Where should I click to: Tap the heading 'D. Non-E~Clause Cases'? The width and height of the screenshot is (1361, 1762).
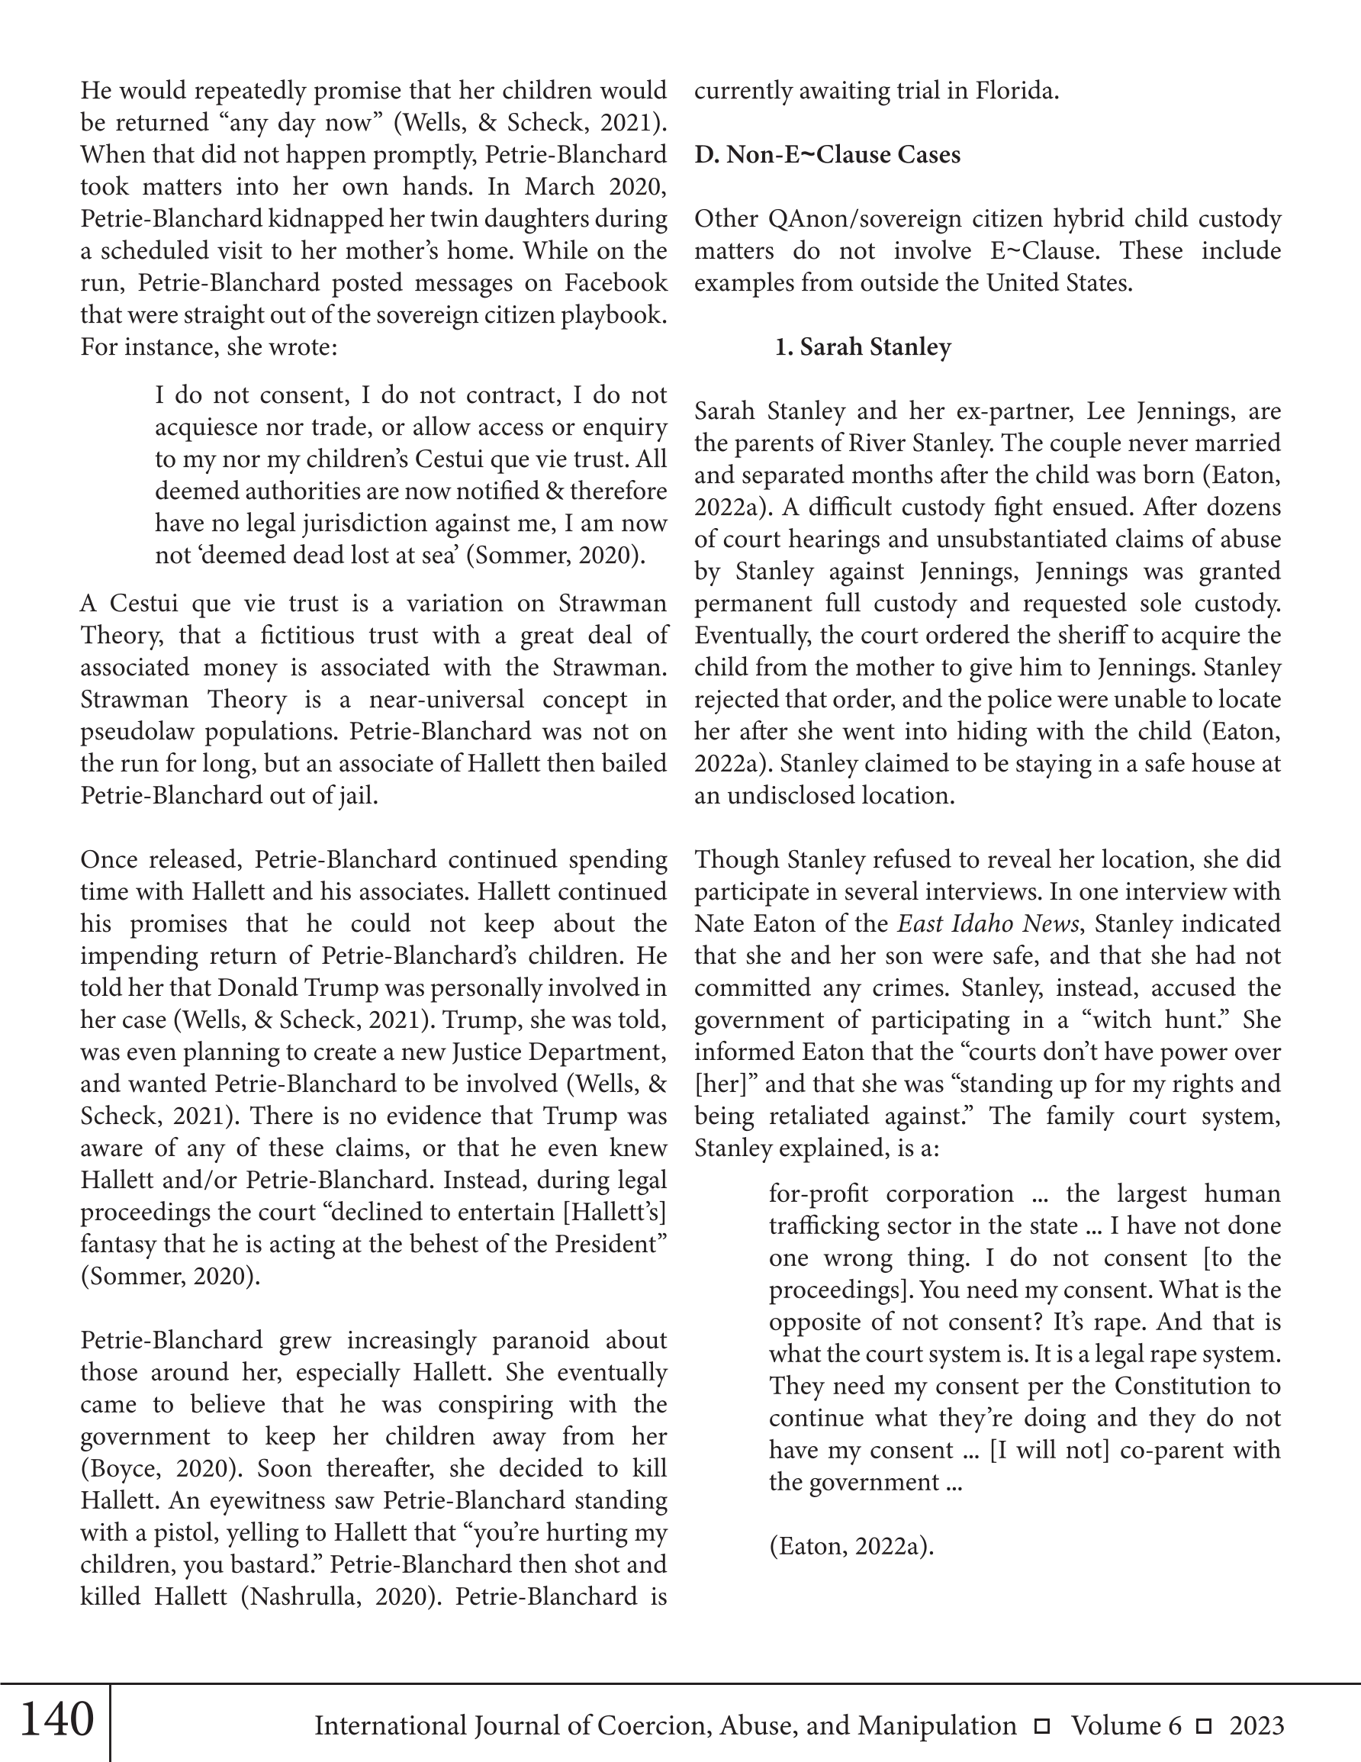tap(827, 154)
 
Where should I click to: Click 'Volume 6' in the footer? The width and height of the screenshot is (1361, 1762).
tap(1126, 1725)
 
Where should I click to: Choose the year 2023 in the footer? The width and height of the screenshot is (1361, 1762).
tap(1256, 1725)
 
